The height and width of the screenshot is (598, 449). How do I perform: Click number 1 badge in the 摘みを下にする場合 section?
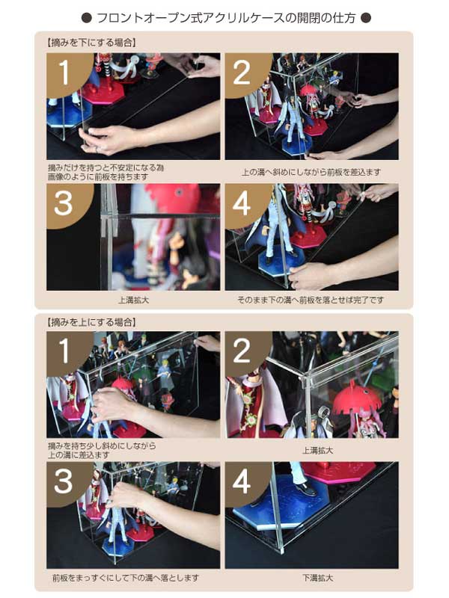click(x=64, y=73)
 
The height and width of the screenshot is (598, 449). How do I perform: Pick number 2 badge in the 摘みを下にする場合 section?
click(x=242, y=73)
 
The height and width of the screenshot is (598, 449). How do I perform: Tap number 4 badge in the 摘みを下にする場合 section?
click(x=242, y=204)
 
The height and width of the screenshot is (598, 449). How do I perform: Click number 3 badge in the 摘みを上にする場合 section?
click(x=64, y=483)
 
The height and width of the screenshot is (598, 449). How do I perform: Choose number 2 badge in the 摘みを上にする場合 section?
click(x=242, y=352)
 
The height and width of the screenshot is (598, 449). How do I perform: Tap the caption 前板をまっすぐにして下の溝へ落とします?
click(x=126, y=578)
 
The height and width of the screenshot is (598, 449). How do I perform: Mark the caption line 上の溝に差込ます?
click(x=78, y=454)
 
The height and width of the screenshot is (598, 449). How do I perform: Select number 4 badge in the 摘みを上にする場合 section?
click(x=242, y=483)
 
